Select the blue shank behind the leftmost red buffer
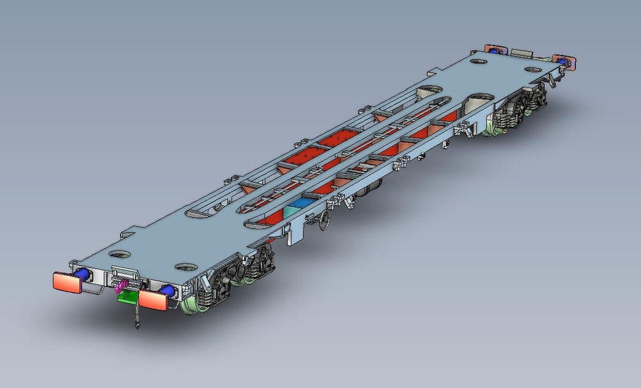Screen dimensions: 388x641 pyautogui.click(x=82, y=275)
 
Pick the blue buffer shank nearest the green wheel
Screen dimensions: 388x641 pyautogui.click(x=167, y=291)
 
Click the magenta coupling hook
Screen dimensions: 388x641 pyautogui.click(x=119, y=284)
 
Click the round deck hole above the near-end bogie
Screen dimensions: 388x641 pyautogui.click(x=185, y=265)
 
